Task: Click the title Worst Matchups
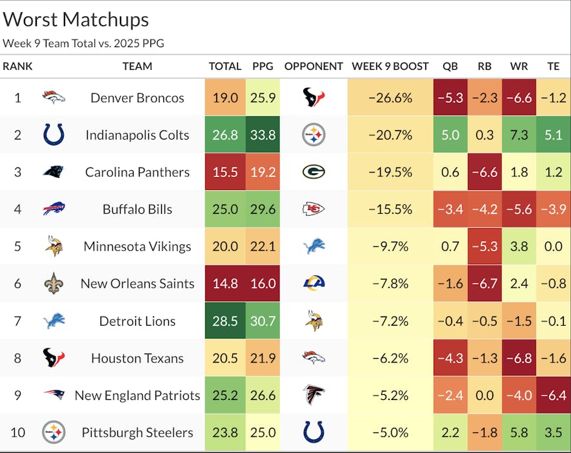coord(76,19)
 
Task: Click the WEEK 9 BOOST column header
coord(390,66)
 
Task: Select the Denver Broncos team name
coord(137,98)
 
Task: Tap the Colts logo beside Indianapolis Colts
coord(54,134)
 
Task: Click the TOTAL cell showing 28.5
coord(225,321)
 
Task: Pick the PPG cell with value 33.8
coord(263,135)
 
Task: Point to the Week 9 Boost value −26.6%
coord(390,98)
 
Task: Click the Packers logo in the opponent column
coord(314,172)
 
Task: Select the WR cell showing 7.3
coord(519,135)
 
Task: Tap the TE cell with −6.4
coord(554,395)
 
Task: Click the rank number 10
coord(17,432)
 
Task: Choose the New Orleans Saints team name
coord(137,284)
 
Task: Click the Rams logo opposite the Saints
coord(314,283)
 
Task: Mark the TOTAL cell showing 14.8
coord(225,284)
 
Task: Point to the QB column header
coord(450,66)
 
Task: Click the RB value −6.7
coord(485,284)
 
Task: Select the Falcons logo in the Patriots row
coord(314,395)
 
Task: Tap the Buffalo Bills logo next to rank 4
coord(54,209)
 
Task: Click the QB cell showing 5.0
coord(450,135)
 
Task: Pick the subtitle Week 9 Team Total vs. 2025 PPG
coord(83,43)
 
